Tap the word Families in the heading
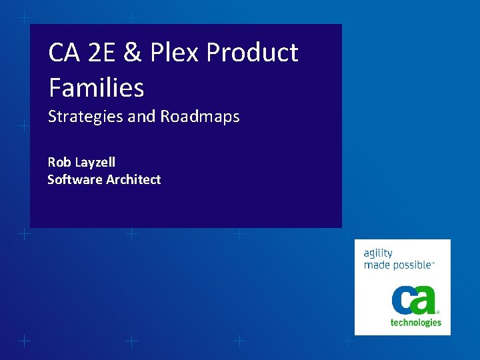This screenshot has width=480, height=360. (96, 87)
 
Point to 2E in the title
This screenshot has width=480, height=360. (104, 53)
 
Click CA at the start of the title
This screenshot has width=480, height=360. (65, 53)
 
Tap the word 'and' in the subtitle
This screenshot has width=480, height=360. (141, 117)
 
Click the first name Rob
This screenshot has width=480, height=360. (59, 162)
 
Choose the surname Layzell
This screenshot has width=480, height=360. (95, 163)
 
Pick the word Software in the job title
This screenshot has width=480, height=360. (75, 179)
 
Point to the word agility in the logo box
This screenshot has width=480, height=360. (378, 254)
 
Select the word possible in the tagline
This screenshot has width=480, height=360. (412, 265)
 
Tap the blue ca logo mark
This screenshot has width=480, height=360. (413, 300)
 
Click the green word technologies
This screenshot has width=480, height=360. (415, 323)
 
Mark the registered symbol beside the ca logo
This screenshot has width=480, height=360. (438, 311)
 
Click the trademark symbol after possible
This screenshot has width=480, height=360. (434, 263)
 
